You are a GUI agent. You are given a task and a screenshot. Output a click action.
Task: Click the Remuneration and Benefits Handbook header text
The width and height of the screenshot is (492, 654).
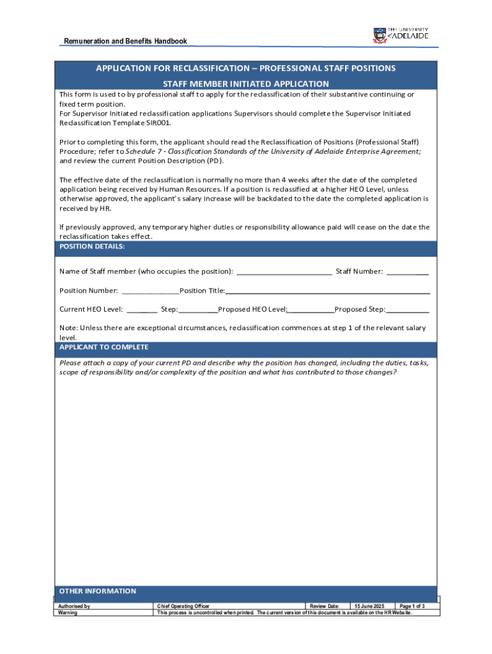point(125,42)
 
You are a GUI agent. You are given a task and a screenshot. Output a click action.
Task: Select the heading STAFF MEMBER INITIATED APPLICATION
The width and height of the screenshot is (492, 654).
point(245,84)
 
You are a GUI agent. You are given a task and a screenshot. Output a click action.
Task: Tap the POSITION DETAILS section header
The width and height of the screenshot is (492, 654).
point(92,246)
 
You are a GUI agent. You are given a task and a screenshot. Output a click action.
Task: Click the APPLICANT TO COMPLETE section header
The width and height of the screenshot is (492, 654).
point(104,347)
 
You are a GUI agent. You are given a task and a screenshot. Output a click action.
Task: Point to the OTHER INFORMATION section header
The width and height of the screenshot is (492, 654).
point(97,591)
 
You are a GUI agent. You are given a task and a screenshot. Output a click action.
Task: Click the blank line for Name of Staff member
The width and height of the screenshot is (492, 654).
point(284,272)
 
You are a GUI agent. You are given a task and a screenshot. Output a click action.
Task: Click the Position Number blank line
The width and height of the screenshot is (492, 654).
point(150,291)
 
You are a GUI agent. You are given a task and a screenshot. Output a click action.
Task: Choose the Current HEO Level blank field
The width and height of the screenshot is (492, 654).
point(142,310)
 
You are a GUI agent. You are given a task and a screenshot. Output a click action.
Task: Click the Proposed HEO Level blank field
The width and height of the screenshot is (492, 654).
point(311,310)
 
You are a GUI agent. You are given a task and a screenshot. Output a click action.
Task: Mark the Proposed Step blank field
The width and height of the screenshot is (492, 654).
point(408,310)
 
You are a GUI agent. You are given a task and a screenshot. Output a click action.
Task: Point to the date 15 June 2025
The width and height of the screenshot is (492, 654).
point(369,605)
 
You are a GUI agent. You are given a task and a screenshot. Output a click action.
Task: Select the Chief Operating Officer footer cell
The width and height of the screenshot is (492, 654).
point(183,605)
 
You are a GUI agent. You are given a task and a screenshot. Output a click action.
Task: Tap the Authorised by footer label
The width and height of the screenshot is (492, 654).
point(74,605)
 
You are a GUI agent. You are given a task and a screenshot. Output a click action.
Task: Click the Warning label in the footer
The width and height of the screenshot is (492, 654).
point(68,612)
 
